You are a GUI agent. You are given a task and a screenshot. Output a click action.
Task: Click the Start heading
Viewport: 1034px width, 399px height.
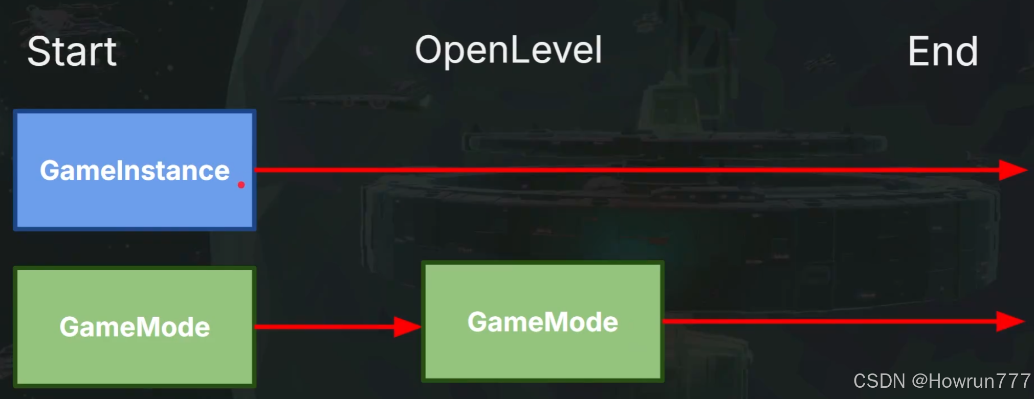pyautogui.click(x=72, y=52)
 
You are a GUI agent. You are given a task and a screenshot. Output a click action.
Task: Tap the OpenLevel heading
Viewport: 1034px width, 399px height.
pyautogui.click(x=509, y=51)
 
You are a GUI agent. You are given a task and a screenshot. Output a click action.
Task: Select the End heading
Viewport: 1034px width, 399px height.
pyautogui.click(x=943, y=52)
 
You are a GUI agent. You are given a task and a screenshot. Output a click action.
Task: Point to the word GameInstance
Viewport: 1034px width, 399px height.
pyautogui.click(x=135, y=170)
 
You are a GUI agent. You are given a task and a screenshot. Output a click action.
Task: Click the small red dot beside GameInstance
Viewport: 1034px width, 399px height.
pyautogui.click(x=241, y=185)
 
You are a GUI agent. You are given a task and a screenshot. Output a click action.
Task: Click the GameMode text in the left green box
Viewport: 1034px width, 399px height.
pyautogui.click(x=135, y=327)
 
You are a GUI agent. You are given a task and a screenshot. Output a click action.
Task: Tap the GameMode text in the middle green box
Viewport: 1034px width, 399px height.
pyautogui.click(x=543, y=322)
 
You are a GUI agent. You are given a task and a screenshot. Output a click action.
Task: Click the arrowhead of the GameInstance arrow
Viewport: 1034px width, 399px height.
pyautogui.click(x=1012, y=170)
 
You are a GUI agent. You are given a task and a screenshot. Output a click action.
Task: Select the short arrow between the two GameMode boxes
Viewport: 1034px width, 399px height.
pyautogui.click(x=327, y=326)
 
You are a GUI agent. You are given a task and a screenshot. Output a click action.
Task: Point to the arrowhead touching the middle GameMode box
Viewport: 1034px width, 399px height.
pyautogui.click(x=407, y=326)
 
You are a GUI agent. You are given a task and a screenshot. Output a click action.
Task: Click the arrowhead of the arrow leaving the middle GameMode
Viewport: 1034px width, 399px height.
pyautogui.click(x=1010, y=321)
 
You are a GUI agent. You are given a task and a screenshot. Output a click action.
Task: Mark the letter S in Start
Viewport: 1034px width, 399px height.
pyautogui.click(x=39, y=52)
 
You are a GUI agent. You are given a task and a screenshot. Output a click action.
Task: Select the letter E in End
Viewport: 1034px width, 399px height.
pyautogui.click(x=918, y=52)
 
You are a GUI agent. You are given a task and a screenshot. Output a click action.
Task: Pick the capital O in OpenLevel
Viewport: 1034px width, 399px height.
pyautogui.click(x=430, y=50)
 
